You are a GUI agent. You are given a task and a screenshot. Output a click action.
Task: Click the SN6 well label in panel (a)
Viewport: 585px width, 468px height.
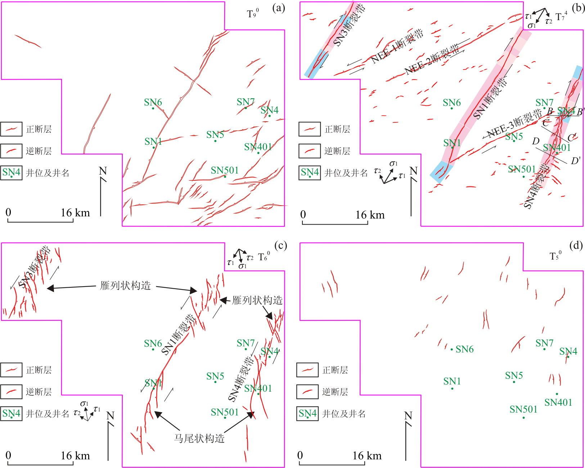point(153,102)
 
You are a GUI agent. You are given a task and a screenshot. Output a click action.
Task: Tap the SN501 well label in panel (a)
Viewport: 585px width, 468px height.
point(225,170)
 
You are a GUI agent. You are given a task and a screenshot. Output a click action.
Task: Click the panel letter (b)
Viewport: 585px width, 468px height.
point(578,8)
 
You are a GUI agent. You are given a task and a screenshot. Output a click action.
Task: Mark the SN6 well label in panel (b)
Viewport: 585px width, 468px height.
point(451,103)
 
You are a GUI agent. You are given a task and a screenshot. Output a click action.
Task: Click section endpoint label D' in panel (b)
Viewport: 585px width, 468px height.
point(576,161)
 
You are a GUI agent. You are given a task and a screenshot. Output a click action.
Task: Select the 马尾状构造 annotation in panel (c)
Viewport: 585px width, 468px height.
point(199,438)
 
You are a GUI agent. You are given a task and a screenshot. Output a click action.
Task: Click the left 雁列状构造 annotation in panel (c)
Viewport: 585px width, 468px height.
point(125,286)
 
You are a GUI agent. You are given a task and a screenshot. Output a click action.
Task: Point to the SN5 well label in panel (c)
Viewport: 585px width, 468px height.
point(215,376)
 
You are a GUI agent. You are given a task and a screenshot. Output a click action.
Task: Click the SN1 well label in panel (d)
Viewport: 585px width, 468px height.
point(452,381)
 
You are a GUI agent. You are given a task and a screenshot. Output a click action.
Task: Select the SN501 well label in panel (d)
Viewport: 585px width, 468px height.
point(523,409)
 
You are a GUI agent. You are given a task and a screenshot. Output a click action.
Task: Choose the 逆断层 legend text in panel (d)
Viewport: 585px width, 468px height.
point(335,392)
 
